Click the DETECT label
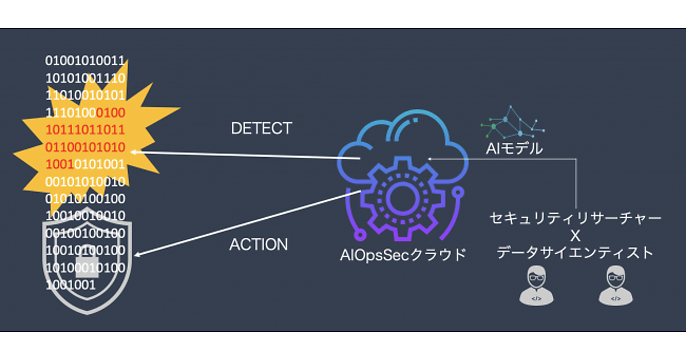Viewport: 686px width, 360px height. pyautogui.click(x=261, y=128)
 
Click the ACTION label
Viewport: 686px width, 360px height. pyautogui.click(x=258, y=245)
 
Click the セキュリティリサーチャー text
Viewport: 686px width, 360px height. pyautogui.click(x=576, y=218)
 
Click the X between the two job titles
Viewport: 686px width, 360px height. pyautogui.click(x=576, y=235)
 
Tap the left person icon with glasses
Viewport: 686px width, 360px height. pyautogui.click(x=536, y=285)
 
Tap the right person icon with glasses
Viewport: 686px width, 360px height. pyautogui.click(x=615, y=285)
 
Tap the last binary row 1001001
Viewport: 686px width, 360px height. pyautogui.click(x=70, y=284)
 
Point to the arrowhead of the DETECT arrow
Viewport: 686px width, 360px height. pyautogui.click(x=134, y=152)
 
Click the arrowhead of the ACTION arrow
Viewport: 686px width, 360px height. pyautogui.click(x=138, y=255)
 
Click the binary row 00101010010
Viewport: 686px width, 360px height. pyautogui.click(x=85, y=182)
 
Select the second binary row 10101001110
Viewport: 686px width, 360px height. pyautogui.click(x=85, y=77)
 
